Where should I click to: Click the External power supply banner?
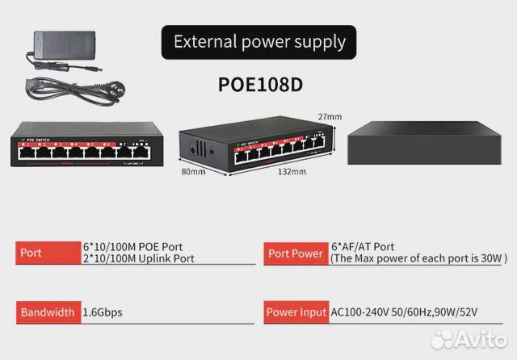(259, 41)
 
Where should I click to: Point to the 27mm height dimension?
(330, 116)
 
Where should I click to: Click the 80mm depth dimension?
(192, 171)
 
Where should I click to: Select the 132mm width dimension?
(292, 171)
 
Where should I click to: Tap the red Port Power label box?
(295, 253)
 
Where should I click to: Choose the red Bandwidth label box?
(48, 312)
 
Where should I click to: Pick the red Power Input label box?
(295, 312)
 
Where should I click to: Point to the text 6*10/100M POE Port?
(132, 246)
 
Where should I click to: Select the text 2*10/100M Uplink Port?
(138, 258)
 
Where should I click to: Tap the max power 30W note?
(418, 258)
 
